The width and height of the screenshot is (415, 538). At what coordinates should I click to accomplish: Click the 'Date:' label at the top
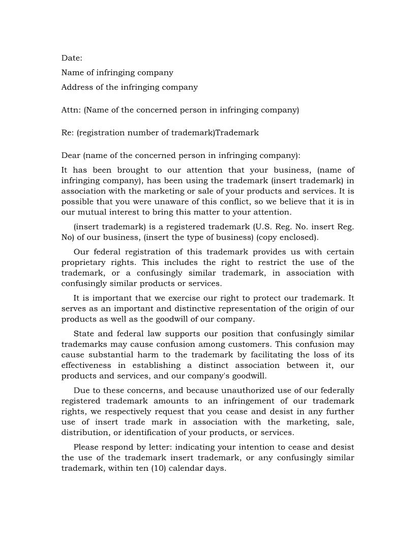coord(72,58)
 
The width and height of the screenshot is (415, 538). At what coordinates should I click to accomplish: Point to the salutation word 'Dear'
coord(71,155)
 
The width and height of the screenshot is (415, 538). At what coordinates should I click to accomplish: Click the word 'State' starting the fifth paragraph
coord(84,334)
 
